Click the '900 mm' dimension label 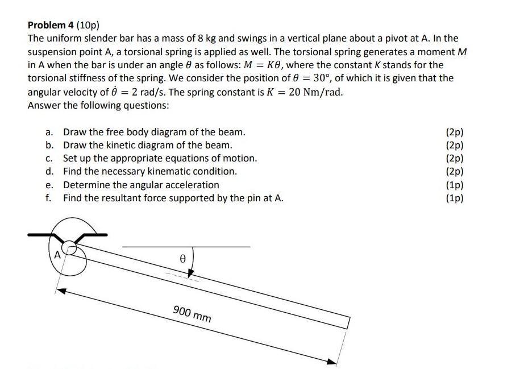point(192,313)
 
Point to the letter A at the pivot point(57,255)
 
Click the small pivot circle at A point(70,247)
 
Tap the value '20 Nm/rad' point(316,92)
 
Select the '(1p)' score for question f point(455,198)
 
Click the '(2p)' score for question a point(455,132)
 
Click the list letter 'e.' point(50,185)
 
